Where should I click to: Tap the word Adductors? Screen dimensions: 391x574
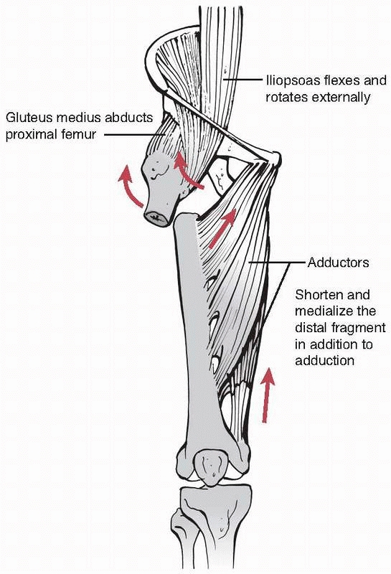point(339,263)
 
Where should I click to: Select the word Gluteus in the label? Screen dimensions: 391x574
point(28,118)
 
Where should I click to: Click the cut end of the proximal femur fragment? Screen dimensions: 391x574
point(156,218)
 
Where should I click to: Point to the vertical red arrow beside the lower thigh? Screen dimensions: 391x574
point(268,395)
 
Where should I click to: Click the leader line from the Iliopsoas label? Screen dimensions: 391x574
point(243,80)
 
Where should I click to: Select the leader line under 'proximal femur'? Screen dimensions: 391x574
point(135,135)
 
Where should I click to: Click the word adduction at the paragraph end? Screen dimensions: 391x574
point(325,361)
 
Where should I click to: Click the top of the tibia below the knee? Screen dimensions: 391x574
point(216,499)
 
